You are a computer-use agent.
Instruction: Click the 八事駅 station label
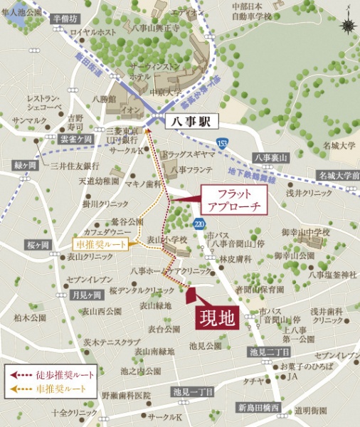[191, 122]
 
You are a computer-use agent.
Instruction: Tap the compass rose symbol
[348, 26]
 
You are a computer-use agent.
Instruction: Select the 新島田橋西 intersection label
[260, 408]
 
